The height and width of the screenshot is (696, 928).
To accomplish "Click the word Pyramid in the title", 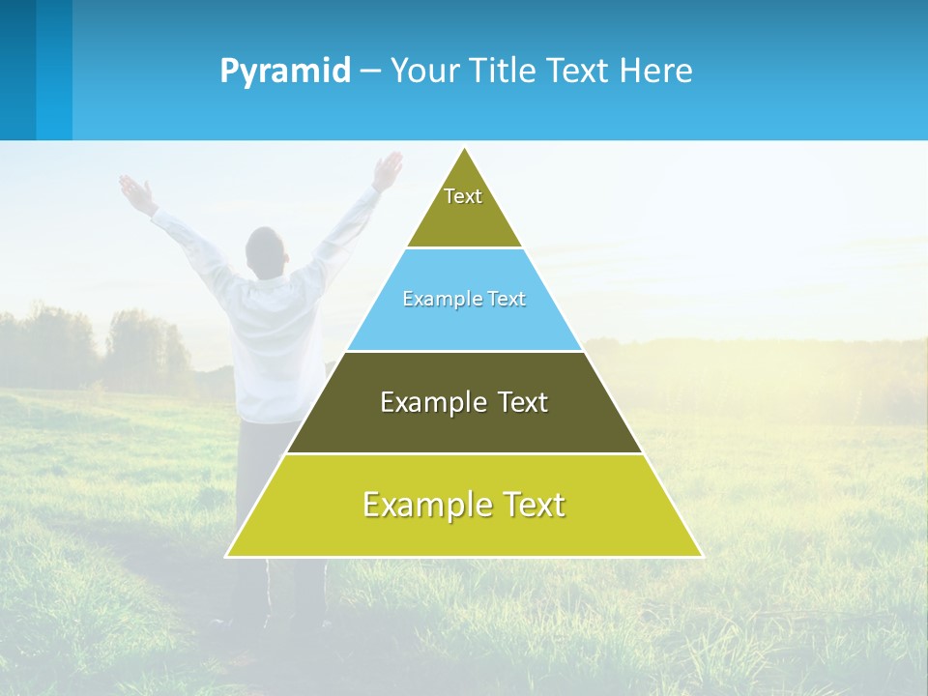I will click(284, 72).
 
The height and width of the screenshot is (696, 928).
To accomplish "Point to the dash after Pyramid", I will click(370, 72).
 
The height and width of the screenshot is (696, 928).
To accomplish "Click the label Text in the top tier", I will click(463, 196).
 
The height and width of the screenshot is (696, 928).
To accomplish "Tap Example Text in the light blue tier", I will click(464, 299).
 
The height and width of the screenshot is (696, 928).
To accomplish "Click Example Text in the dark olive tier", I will click(464, 402).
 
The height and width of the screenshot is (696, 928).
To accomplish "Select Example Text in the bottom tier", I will click(464, 505).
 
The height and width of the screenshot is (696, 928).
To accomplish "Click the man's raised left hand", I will click(135, 191).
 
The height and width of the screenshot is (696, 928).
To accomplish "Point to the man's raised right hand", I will click(389, 169).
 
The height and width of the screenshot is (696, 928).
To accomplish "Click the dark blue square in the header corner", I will click(18, 70).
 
